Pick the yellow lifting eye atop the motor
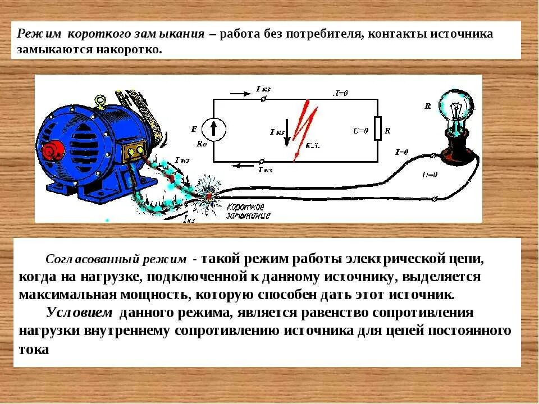click(101, 102)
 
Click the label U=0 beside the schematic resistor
click(360, 131)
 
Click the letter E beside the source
click(194, 129)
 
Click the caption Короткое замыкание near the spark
click(248, 211)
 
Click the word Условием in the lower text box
click(79, 313)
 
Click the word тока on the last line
click(34, 348)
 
